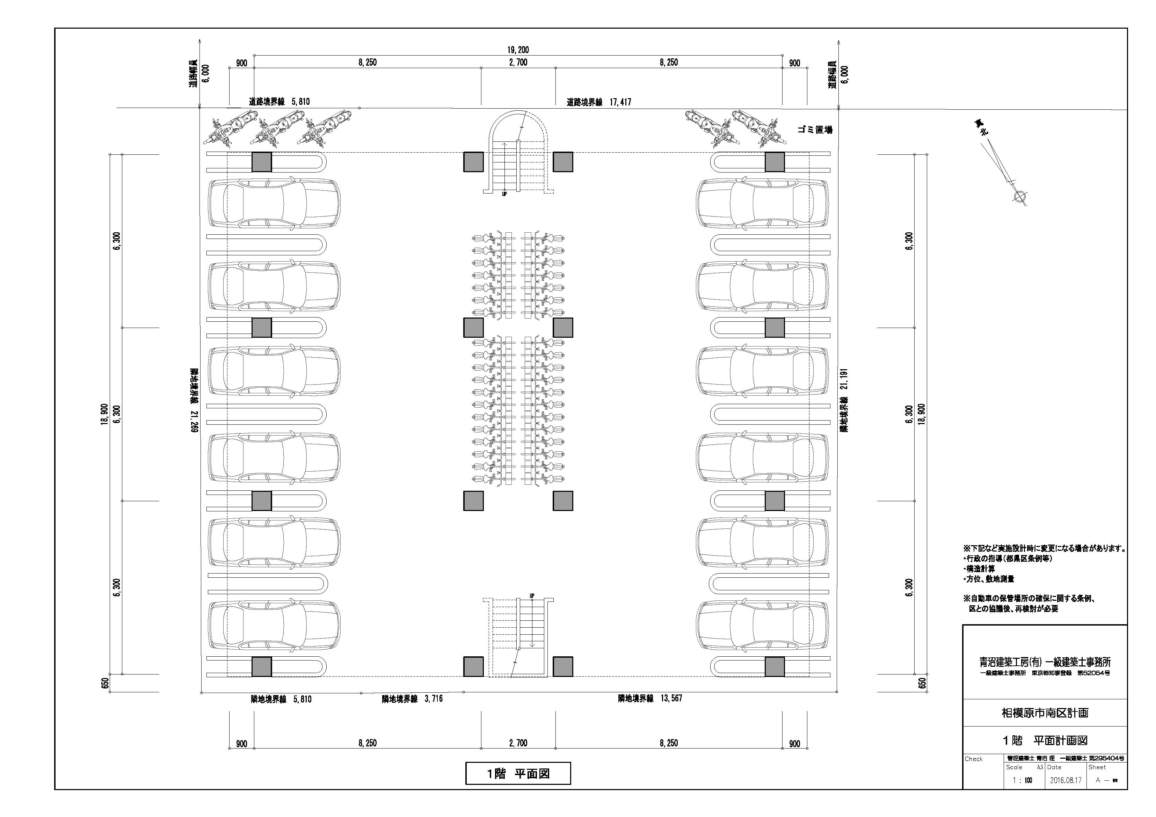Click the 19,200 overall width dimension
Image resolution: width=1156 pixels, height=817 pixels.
click(518, 50)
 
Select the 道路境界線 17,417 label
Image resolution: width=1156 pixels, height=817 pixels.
click(599, 102)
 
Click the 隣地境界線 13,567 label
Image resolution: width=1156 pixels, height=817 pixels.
click(650, 698)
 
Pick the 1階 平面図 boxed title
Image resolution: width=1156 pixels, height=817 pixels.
click(518, 773)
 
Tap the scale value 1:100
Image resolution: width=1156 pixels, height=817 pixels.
click(1022, 781)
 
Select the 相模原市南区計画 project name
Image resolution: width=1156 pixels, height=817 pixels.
click(1045, 713)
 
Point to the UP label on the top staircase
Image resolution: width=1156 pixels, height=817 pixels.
click(504, 194)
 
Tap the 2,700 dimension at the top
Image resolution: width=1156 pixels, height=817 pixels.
click(518, 63)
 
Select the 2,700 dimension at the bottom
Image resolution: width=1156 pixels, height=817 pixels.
click(518, 743)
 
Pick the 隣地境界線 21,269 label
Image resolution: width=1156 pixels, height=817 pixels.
click(193, 400)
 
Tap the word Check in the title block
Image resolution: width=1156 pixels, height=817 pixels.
click(974, 759)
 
